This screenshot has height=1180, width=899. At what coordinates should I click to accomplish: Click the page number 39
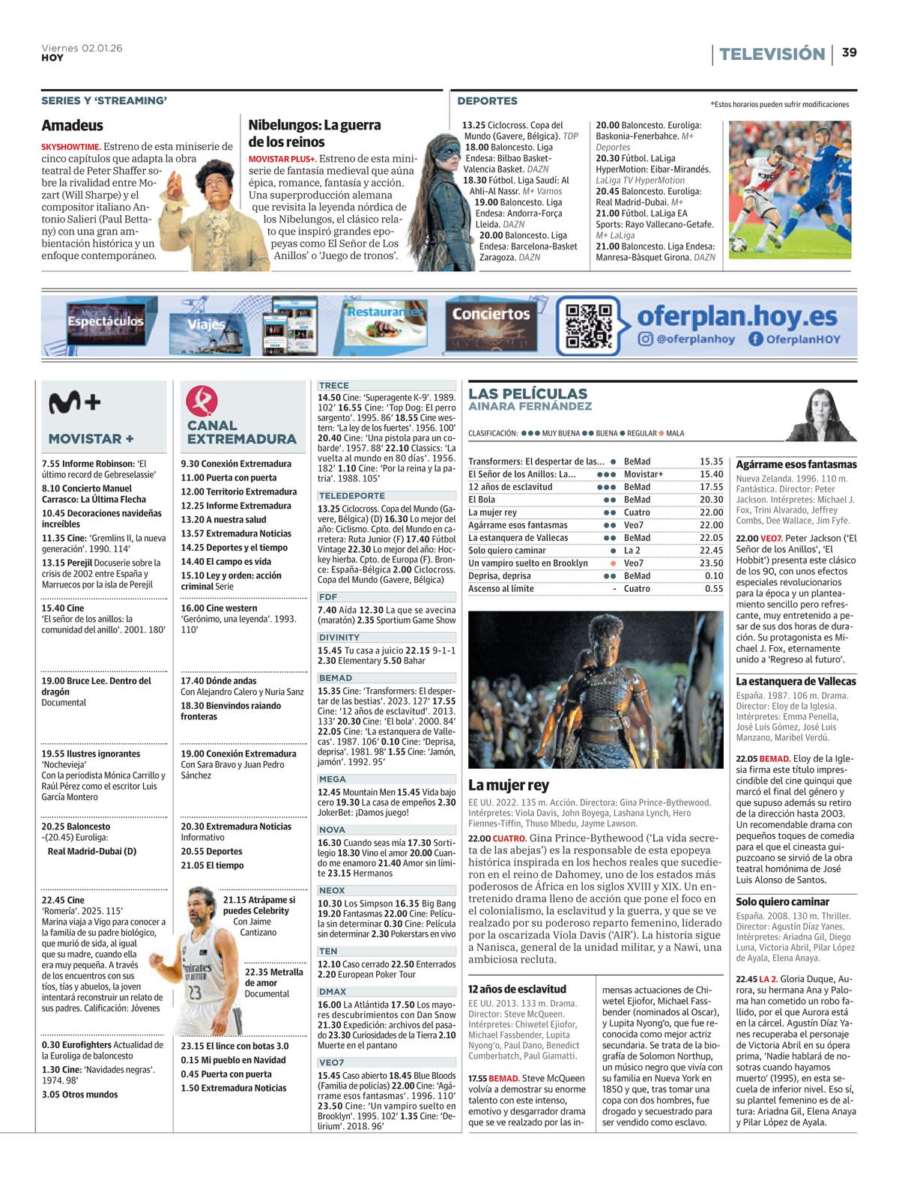(849, 52)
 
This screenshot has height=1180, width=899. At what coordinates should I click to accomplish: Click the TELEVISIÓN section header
(772, 54)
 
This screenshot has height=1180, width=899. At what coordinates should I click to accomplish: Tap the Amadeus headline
(72, 125)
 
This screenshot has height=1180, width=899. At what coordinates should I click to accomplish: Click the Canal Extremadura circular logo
(202, 399)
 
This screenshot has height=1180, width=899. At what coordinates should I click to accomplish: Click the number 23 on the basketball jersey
(195, 993)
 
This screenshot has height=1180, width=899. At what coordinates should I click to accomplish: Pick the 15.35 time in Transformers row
(711, 462)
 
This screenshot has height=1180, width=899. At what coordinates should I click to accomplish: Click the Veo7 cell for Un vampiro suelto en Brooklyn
(633, 563)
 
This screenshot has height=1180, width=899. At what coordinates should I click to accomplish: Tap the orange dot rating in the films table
(613, 563)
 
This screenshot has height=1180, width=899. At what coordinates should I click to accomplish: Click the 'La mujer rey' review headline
(508, 785)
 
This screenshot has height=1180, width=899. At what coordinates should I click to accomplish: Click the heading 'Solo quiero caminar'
(782, 902)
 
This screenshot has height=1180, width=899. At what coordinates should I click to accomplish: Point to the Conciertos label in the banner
(491, 314)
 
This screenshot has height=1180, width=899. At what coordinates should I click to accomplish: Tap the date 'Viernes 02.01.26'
(82, 48)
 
